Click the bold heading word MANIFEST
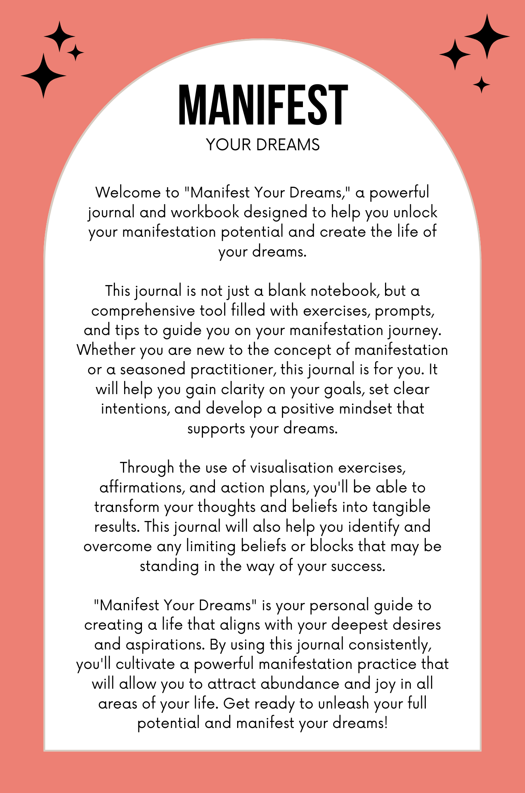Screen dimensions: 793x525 [x=263, y=105]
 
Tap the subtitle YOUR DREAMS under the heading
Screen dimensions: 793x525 [x=263, y=145]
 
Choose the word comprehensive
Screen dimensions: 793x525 [x=143, y=310]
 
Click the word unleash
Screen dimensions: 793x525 [x=344, y=704]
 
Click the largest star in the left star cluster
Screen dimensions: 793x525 [x=44, y=75]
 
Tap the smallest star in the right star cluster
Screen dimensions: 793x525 [x=481, y=84]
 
